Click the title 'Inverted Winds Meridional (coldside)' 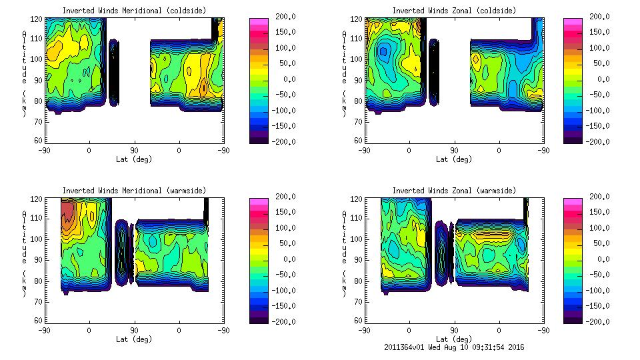pyautogui.click(x=134, y=11)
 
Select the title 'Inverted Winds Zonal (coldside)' pyautogui.click(x=454, y=11)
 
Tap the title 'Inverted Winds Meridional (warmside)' pyautogui.click(x=134, y=191)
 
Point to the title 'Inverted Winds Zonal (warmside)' pyautogui.click(x=454, y=191)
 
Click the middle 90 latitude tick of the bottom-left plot pyautogui.click(x=134, y=330)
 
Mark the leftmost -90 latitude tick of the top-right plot pyautogui.click(x=365, y=150)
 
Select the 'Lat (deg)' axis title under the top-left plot pyautogui.click(x=134, y=159)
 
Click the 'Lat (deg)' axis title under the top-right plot pyautogui.click(x=454, y=159)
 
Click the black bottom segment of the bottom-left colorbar pyautogui.click(x=258, y=319)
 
